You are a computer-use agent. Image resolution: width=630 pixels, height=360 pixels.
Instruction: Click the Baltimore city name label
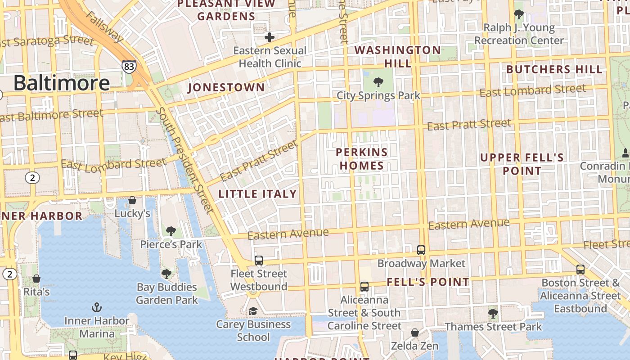coord(61,83)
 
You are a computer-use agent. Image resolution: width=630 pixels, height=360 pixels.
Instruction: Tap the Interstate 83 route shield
coord(129,66)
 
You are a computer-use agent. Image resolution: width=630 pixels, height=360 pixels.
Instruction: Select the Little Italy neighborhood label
coord(257,194)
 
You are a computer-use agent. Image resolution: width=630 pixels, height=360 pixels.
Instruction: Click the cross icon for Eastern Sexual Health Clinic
coord(270,37)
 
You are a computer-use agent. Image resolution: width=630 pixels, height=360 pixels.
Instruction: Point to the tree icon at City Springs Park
coord(378,82)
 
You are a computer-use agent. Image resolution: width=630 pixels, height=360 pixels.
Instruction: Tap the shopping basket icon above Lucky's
coord(132,200)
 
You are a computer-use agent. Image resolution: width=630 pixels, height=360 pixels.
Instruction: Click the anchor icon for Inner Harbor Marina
coord(96,307)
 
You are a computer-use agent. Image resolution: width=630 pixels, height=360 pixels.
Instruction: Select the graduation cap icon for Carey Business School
coord(253,311)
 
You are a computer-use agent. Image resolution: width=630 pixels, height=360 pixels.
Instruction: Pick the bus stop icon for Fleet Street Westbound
coord(259,260)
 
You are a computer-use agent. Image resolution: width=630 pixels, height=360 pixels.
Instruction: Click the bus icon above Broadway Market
coord(421,250)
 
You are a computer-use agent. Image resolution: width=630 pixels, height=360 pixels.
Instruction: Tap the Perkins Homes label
coord(362,159)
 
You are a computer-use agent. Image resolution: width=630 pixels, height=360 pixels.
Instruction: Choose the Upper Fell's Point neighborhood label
coord(522,164)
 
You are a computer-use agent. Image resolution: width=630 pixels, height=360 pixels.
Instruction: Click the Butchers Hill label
coord(554,69)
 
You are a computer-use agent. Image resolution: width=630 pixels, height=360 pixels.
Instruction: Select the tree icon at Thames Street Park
coord(493,313)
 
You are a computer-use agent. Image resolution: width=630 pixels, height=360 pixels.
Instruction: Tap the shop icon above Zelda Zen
coord(415,333)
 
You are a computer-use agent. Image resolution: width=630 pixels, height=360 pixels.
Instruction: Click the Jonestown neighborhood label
coord(226,87)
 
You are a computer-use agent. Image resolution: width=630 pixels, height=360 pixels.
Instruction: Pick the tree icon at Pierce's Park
coord(171,231)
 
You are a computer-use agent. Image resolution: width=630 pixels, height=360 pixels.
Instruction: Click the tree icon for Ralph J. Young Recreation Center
coord(519,14)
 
